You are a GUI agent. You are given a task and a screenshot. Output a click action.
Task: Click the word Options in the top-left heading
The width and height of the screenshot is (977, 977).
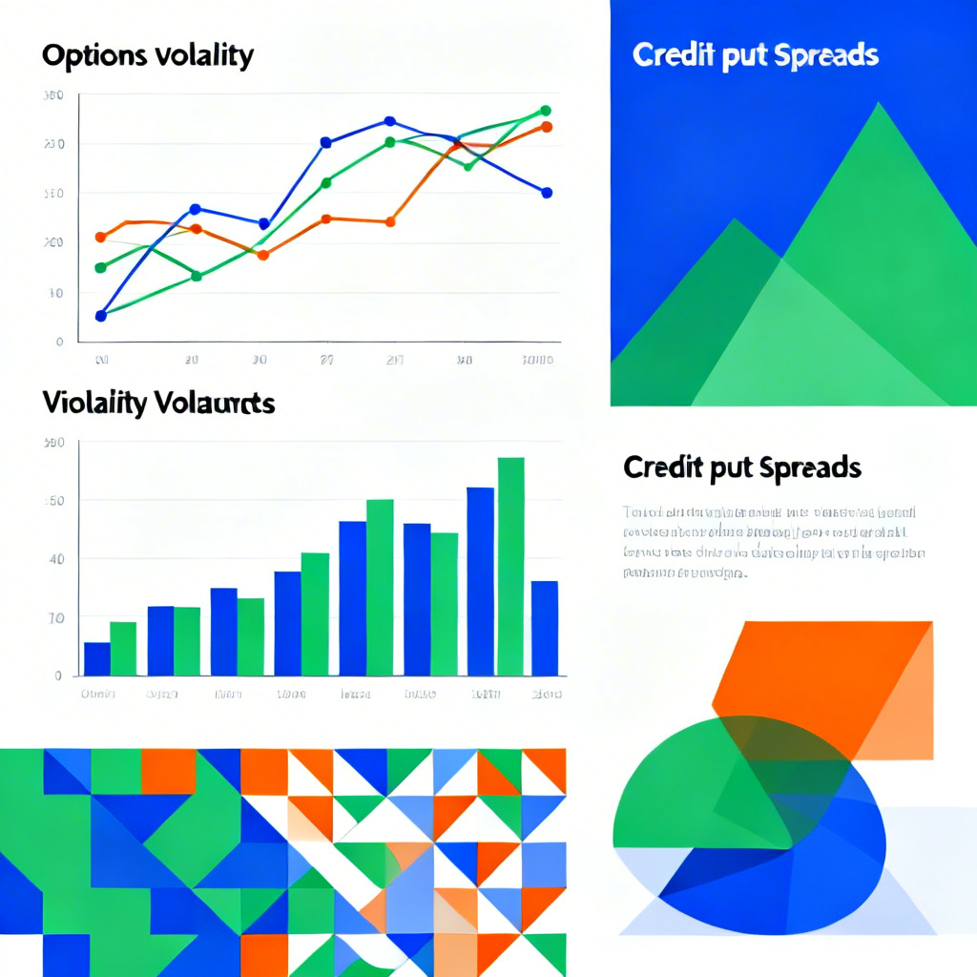click(87, 55)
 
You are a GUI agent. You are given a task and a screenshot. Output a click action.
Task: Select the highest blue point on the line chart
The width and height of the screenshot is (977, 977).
click(389, 121)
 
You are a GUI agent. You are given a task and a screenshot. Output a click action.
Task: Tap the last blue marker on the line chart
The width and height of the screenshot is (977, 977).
click(547, 193)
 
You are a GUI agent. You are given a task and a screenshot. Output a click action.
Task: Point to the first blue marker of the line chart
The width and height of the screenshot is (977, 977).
click(101, 316)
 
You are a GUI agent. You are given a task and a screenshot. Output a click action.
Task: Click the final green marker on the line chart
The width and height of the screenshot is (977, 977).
click(546, 111)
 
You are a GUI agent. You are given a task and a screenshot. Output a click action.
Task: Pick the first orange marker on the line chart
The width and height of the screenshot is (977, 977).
click(101, 237)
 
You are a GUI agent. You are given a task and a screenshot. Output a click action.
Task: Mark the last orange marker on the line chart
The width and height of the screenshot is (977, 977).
click(547, 127)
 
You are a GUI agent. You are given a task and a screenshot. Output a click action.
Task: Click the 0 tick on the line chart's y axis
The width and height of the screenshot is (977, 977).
click(59, 341)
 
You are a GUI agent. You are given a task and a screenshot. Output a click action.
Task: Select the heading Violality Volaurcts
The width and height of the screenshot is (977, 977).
click(158, 404)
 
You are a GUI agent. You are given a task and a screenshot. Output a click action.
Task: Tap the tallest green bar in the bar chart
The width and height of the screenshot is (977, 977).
click(510, 567)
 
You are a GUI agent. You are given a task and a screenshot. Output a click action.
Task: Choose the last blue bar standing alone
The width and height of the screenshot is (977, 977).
click(545, 628)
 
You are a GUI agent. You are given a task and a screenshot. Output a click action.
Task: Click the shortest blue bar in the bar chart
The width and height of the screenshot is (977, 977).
click(97, 658)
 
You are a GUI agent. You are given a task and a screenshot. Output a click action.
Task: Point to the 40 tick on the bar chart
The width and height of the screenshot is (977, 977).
click(56, 559)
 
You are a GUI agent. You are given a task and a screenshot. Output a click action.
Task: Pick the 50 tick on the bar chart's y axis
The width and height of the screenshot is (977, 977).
click(56, 501)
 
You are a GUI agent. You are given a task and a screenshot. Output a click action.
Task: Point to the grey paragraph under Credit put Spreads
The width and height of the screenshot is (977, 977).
click(773, 542)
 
